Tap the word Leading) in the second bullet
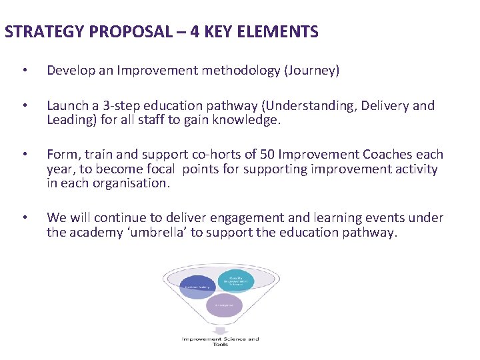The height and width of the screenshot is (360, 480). pos(70,119)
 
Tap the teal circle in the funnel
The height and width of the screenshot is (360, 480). pos(235,280)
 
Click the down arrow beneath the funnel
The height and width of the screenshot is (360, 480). pos(220,329)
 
